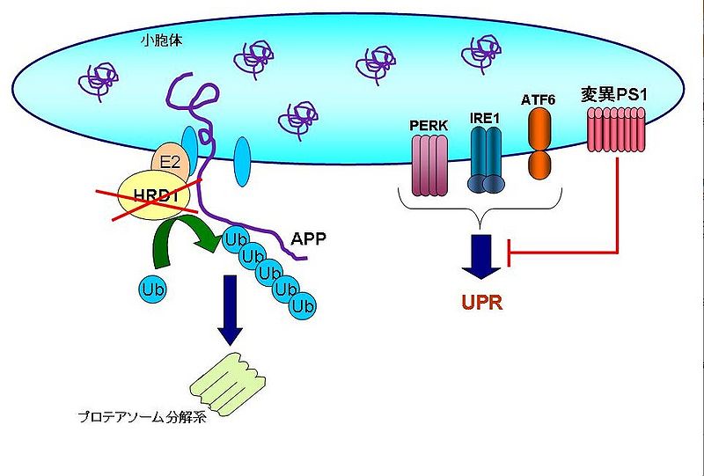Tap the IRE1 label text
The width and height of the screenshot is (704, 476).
(484, 115)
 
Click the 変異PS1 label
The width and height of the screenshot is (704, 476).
(614, 93)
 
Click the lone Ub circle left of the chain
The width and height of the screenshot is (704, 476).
(151, 288)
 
